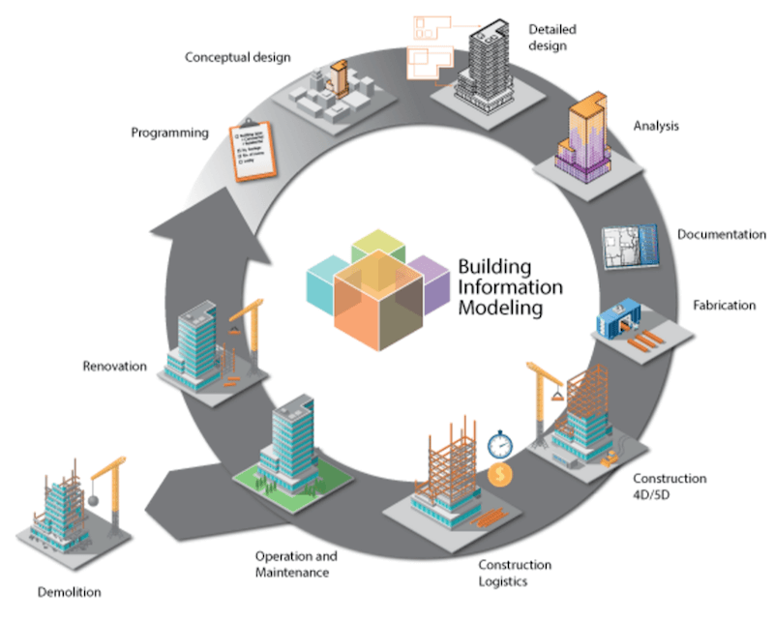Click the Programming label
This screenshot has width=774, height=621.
click(x=169, y=133)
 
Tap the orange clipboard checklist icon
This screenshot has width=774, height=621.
click(x=254, y=150)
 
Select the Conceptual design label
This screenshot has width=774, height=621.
click(x=237, y=57)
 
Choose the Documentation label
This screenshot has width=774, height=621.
click(x=721, y=235)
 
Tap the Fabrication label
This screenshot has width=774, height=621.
click(x=724, y=306)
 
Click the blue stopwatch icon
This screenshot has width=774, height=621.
click(x=499, y=445)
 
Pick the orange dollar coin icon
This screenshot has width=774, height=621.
click(x=501, y=475)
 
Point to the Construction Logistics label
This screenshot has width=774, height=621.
click(x=515, y=572)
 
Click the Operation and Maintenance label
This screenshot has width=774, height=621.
click(x=296, y=564)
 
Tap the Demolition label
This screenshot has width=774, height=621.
click(x=68, y=592)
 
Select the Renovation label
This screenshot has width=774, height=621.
click(x=114, y=367)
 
